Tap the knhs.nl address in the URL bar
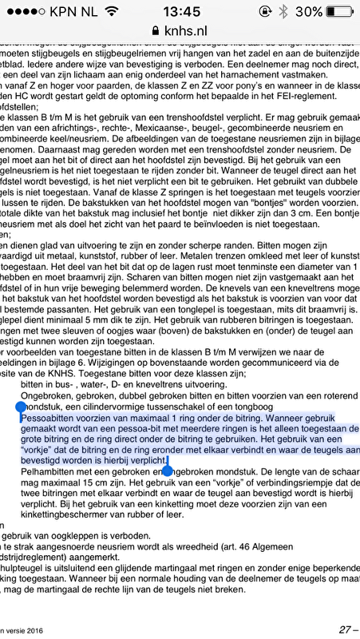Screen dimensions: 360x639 click(x=185, y=29)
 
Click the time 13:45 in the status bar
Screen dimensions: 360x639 click(x=180, y=11)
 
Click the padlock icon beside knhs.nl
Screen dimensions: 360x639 click(x=155, y=29)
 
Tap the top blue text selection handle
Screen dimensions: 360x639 click(x=22, y=407)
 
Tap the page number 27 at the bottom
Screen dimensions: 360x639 click(x=344, y=629)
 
